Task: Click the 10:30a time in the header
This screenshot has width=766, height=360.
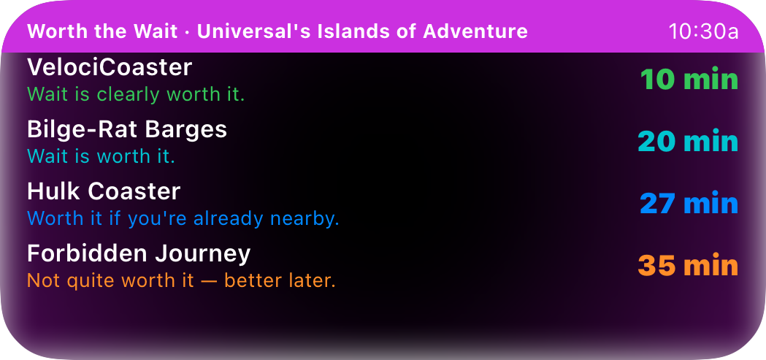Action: click(703, 31)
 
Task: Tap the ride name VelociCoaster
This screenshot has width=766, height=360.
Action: click(110, 67)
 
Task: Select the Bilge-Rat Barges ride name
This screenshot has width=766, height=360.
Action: click(127, 129)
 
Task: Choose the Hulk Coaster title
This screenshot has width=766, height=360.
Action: click(104, 191)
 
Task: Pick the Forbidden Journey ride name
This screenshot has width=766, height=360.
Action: click(139, 254)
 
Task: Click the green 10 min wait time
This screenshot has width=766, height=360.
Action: click(689, 80)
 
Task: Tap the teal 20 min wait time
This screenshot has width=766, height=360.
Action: click(688, 142)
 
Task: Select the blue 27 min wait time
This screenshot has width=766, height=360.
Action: click(689, 203)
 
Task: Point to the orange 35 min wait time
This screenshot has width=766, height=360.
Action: click(688, 265)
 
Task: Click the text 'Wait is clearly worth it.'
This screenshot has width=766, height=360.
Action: click(136, 94)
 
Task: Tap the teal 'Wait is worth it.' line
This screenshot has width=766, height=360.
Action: click(101, 156)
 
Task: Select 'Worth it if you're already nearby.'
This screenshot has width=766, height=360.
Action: click(183, 219)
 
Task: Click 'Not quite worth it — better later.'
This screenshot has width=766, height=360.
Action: click(181, 281)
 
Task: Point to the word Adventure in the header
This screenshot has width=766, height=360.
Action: click(475, 31)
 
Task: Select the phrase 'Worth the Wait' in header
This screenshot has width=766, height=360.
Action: click(102, 31)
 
